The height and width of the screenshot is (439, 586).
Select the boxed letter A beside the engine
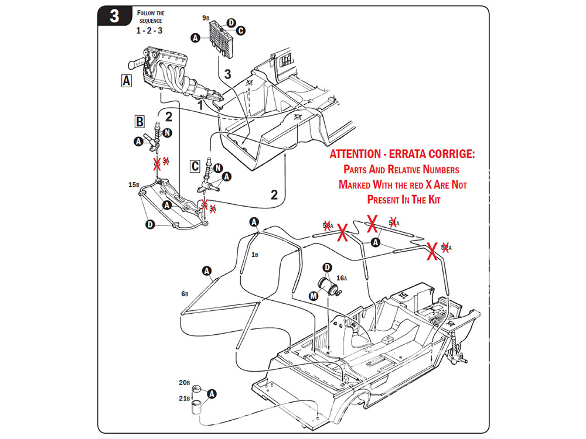click(x=127, y=81)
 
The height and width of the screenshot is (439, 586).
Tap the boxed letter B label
click(x=139, y=121)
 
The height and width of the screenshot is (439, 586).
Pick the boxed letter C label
click(x=195, y=166)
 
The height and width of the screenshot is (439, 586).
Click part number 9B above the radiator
click(x=206, y=19)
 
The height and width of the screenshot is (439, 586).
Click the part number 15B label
click(x=134, y=184)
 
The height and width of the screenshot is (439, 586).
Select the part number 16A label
click(x=342, y=279)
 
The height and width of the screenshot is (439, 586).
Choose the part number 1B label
click(x=255, y=255)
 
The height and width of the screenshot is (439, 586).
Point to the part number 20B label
click(x=184, y=382)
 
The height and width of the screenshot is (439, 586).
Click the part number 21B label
click(x=184, y=399)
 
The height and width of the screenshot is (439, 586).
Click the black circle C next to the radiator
click(x=240, y=30)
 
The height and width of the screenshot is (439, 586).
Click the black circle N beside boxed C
click(x=218, y=168)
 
